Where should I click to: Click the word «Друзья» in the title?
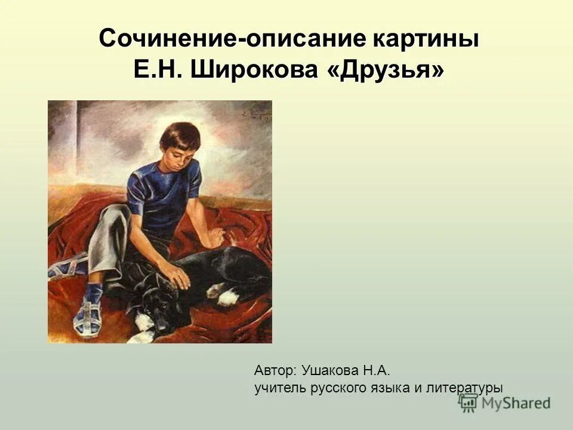(386, 70)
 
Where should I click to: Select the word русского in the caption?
(339, 388)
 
